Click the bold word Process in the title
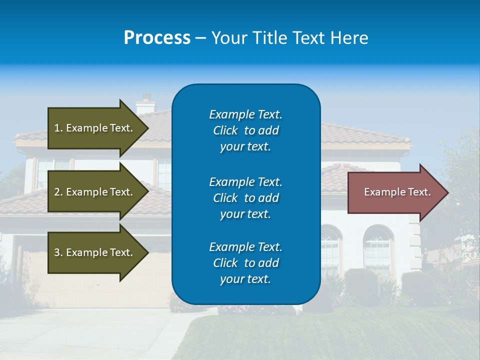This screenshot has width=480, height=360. [157, 38]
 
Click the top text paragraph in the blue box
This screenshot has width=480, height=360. [245, 130]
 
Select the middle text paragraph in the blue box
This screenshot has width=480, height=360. [245, 198]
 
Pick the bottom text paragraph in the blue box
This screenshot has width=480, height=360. [245, 263]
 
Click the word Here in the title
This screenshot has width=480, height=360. [350, 38]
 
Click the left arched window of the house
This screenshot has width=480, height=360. [330, 250]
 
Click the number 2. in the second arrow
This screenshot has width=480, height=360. [58, 192]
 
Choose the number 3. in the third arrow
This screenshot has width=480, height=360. [58, 252]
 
